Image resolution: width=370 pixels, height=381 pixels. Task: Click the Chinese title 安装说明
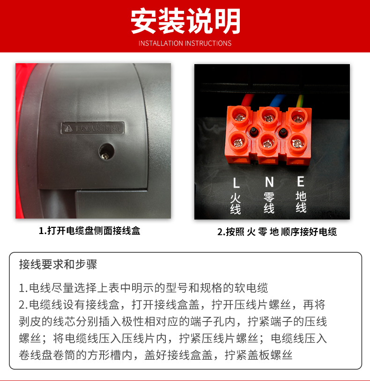tap(185, 21)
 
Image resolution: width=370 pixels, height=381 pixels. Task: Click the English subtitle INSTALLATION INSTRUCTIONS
tap(185, 44)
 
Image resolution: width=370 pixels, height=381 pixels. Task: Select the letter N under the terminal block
tap(269, 182)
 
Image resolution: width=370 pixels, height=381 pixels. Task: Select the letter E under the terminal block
tap(301, 181)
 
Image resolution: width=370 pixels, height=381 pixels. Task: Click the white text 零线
tap(269, 203)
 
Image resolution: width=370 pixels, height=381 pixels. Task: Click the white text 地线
tap(301, 202)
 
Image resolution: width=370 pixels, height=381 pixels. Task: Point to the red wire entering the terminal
tap(247, 100)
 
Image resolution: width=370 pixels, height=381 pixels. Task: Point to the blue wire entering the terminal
tap(275, 99)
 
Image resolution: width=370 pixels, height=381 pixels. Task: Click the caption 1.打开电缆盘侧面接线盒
tap(89, 231)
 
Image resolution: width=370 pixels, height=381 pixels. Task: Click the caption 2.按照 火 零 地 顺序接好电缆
tap(277, 232)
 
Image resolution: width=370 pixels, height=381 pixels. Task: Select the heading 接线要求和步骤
tap(58, 264)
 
